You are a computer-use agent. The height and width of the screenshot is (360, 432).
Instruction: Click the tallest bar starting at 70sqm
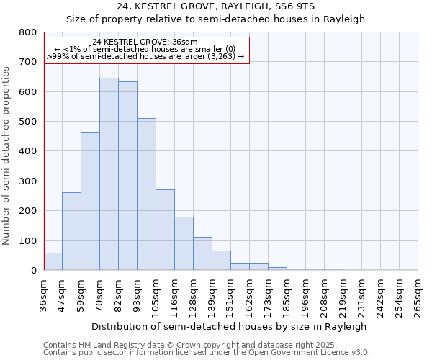click(109, 174)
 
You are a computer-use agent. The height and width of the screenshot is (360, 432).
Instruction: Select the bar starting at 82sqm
click(127, 176)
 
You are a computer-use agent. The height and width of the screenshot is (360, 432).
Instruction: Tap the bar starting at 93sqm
click(146, 194)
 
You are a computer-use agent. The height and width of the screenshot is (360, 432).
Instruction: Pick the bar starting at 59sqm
click(90, 202)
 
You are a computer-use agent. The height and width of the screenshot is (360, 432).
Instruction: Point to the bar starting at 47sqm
click(71, 231)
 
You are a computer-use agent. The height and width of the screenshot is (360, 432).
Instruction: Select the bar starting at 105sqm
click(165, 230)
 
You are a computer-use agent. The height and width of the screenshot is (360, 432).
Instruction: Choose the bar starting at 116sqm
click(184, 243)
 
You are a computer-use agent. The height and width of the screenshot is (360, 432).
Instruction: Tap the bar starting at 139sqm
click(221, 261)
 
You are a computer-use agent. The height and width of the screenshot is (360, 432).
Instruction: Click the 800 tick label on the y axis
click(28, 32)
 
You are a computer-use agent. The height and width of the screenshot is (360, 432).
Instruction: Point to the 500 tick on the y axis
click(28, 122)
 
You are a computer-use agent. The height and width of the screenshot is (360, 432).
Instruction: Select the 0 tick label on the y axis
click(33, 271)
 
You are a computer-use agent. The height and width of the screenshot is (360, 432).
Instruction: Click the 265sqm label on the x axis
click(418, 296)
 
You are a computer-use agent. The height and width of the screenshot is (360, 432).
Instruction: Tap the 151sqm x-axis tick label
click(230, 296)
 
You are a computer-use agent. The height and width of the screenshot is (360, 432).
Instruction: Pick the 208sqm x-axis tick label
click(324, 296)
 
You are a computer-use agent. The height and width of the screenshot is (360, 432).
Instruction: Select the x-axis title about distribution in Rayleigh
click(229, 326)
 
